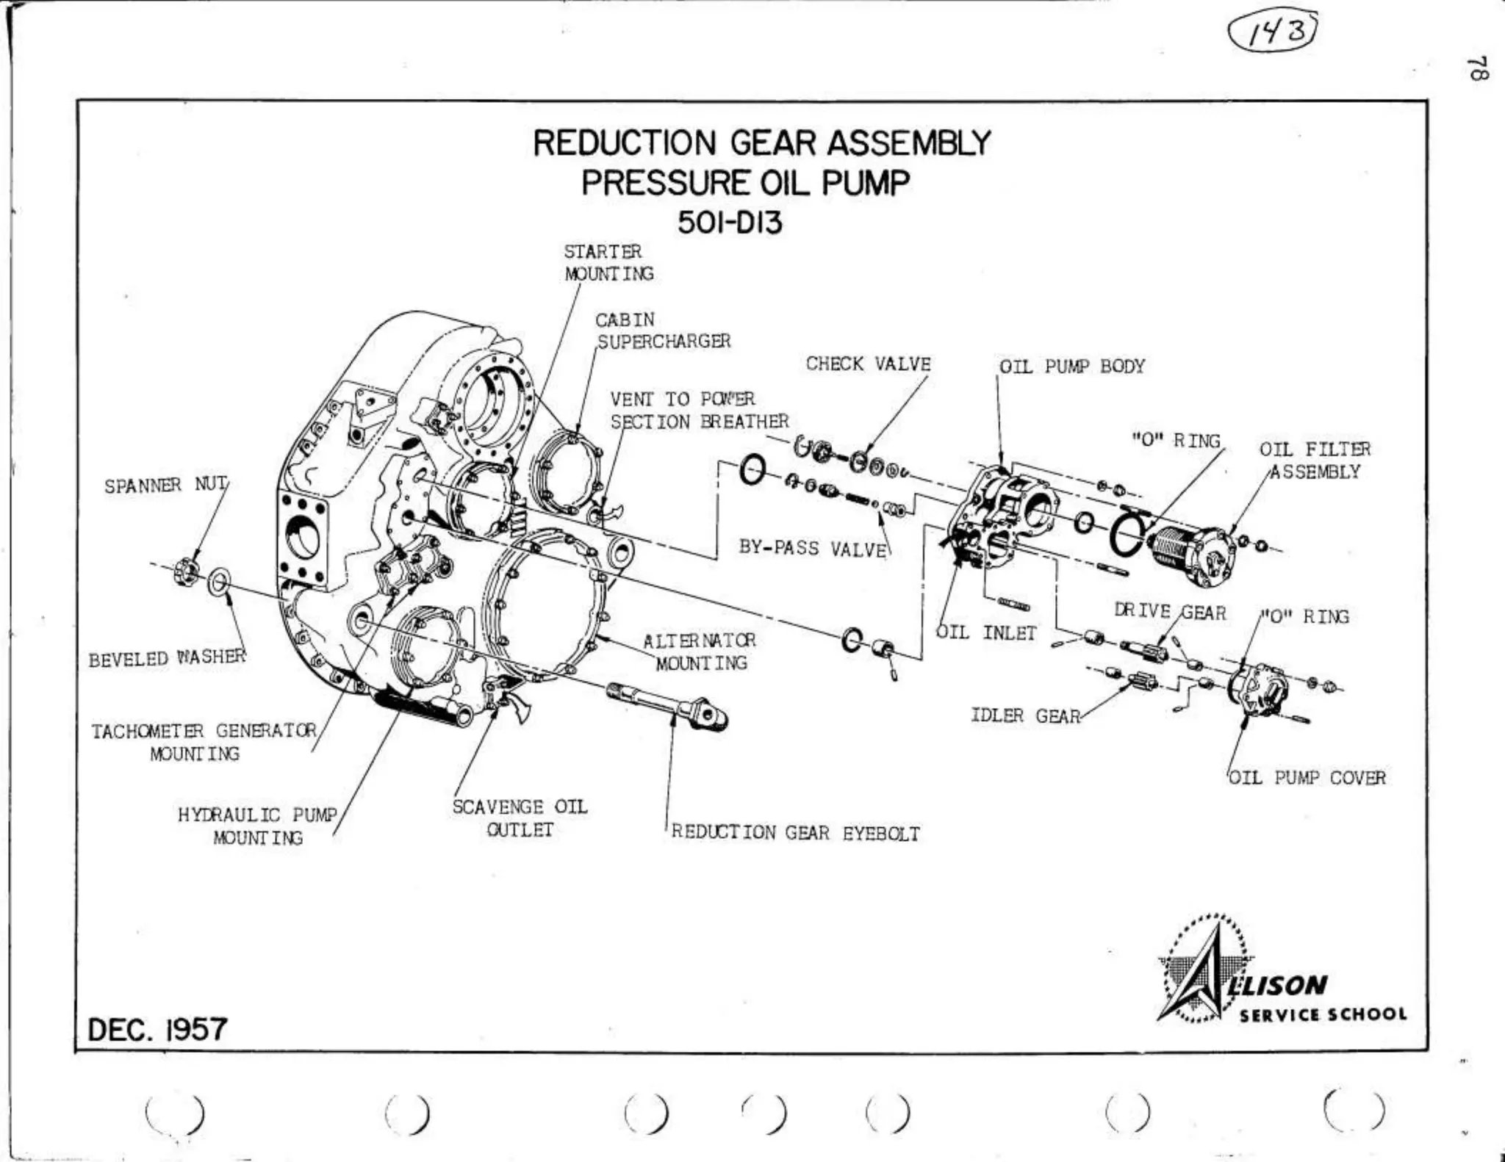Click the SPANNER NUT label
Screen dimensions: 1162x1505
[x=165, y=486]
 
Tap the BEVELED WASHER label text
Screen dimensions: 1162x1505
[x=167, y=659]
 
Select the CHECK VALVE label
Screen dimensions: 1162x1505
[x=868, y=364]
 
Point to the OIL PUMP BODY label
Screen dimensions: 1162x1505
[x=1071, y=367]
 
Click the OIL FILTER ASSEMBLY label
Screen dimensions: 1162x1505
[x=1315, y=461]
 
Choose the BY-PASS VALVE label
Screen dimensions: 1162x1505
[x=812, y=549]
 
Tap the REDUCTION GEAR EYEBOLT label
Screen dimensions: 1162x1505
[x=795, y=833]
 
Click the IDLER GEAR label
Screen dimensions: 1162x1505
[x=1025, y=715]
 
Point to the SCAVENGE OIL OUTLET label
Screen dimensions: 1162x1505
[x=520, y=818]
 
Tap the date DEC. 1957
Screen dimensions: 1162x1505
[x=157, y=1030]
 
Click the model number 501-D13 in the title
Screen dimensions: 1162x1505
[x=730, y=222]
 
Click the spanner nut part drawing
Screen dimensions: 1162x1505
[x=187, y=571]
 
